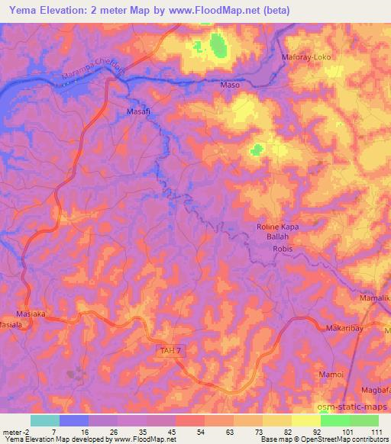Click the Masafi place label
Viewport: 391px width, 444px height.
138,111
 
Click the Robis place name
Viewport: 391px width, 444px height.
283,249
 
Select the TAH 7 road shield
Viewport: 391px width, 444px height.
171,350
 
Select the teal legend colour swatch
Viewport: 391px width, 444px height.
45,420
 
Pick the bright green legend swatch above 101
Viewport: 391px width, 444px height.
334,420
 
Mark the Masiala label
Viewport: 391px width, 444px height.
11,324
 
